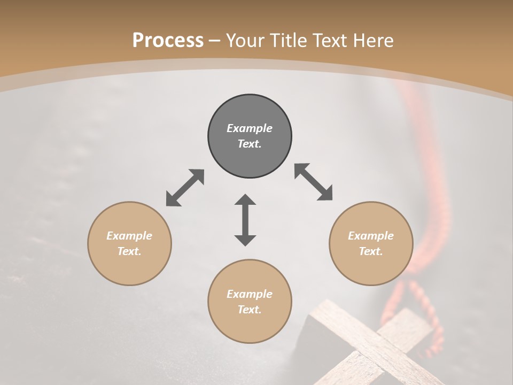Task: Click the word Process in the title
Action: tap(168, 41)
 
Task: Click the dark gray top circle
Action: tap(250, 136)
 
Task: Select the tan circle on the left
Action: tap(129, 243)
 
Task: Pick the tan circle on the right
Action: tap(371, 243)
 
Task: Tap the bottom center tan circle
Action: tap(250, 302)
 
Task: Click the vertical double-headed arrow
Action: tap(245, 220)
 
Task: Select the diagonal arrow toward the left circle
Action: tap(185, 188)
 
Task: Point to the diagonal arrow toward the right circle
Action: tap(314, 182)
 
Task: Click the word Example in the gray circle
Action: tap(250, 128)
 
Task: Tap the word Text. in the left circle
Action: tap(129, 251)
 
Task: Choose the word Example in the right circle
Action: tap(371, 236)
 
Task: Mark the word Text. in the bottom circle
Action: tap(250, 310)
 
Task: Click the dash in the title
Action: tap(215, 41)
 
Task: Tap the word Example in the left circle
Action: tap(129, 236)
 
